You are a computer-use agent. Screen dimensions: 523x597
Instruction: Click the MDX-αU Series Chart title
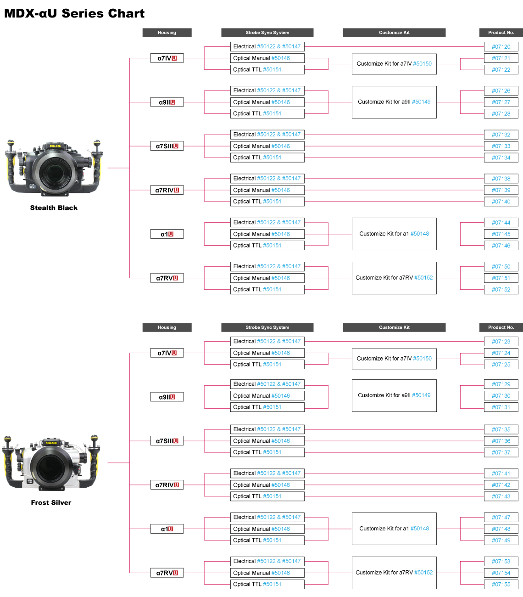74,14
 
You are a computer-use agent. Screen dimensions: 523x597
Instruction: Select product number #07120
501,46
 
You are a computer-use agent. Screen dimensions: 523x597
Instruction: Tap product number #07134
501,158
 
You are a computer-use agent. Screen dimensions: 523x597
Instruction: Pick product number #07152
501,289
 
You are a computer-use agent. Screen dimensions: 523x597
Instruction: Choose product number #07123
501,342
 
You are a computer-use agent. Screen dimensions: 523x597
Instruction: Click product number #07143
501,496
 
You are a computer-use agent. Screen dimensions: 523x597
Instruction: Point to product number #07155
501,584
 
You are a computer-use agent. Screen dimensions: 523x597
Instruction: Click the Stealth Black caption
54,208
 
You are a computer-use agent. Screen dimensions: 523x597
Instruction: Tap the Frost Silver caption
51,502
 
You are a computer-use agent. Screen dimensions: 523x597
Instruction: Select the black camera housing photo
54,168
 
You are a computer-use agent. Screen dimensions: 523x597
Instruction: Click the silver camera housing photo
51,462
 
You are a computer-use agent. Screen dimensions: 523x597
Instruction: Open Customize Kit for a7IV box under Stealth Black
394,64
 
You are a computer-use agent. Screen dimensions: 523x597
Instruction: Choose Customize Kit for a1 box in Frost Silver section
394,529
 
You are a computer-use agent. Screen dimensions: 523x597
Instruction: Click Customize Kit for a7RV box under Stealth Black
394,278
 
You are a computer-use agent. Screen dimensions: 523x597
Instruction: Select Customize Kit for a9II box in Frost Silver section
394,395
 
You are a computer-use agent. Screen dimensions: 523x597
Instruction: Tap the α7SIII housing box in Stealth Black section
167,146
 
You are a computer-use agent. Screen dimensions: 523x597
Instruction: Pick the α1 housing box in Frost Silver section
167,529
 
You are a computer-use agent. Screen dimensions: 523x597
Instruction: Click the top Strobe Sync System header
267,33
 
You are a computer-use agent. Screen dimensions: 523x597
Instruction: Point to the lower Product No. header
501,327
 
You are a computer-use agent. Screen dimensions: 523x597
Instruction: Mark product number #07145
501,234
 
